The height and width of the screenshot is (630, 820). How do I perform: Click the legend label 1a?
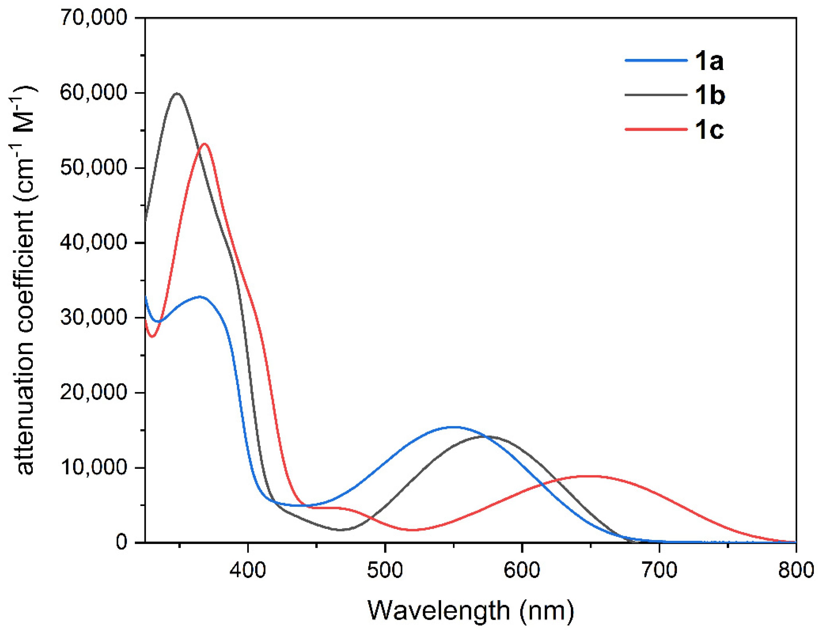pyautogui.click(x=708, y=61)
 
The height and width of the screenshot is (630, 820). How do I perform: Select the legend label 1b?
pyautogui.click(x=710, y=95)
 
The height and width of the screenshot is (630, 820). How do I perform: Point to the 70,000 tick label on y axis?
pyautogui.click(x=94, y=18)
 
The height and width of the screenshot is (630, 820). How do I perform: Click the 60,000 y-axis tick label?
pyautogui.click(x=94, y=93)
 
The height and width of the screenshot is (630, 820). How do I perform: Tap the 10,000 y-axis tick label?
pyautogui.click(x=94, y=468)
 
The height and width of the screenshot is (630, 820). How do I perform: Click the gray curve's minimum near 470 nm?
pyautogui.click(x=340, y=530)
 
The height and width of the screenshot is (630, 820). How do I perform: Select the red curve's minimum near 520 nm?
pyautogui.click(x=412, y=530)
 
